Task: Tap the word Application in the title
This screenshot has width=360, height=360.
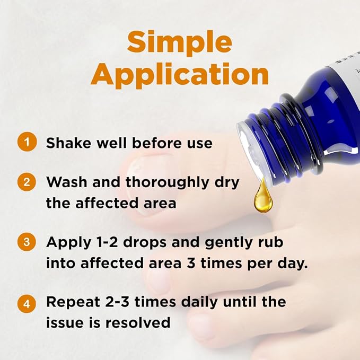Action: [180, 75]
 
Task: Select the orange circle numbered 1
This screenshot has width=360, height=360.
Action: [27, 142]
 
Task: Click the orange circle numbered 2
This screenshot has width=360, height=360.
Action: [27, 182]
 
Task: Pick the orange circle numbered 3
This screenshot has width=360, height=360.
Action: [27, 242]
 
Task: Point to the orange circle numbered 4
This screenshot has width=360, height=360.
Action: [27, 303]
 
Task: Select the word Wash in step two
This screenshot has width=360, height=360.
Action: [67, 182]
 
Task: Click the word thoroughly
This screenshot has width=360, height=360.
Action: [167, 183]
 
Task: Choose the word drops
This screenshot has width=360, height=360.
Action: [145, 243]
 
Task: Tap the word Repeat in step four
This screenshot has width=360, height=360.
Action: [73, 303]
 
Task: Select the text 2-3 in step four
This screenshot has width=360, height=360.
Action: [117, 302]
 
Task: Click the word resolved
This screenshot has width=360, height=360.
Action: [138, 322]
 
